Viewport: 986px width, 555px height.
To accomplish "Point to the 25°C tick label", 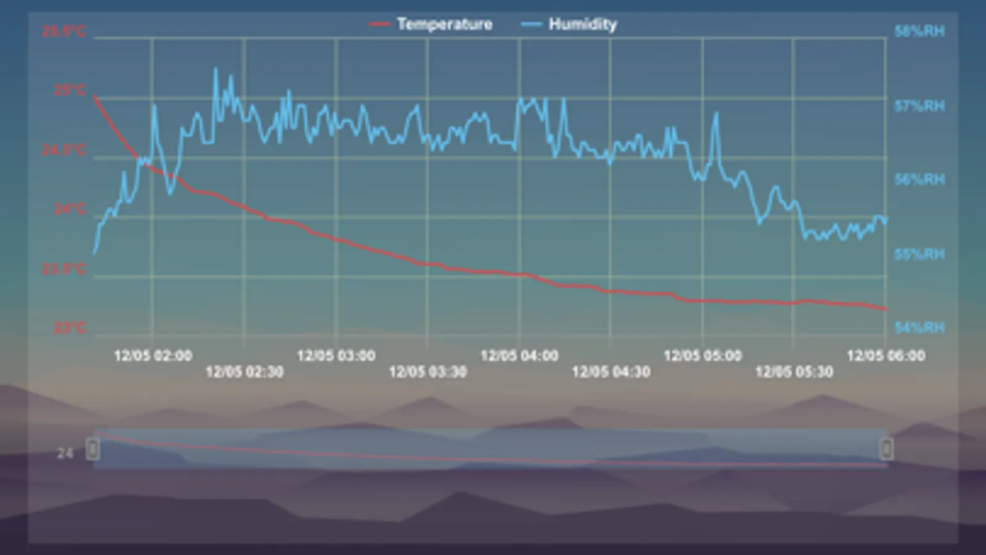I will tap(70, 91).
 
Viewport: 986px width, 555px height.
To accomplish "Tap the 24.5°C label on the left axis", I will tap(64, 150).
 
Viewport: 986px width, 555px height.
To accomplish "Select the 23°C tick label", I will tap(70, 327).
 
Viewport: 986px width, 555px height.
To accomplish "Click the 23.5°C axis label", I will tap(64, 269).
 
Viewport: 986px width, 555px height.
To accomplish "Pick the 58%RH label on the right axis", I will tap(919, 31).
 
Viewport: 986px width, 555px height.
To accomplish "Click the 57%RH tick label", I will tap(919, 106).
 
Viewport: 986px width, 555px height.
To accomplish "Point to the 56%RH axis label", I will tap(919, 179).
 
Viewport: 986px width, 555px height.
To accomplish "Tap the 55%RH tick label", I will tap(919, 254).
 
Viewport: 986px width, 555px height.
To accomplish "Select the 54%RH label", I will tap(919, 327).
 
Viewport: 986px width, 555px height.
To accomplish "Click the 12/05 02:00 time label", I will tap(153, 356).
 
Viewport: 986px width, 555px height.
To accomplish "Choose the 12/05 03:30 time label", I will tap(427, 372).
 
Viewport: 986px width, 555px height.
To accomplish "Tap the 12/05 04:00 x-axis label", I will tap(519, 356).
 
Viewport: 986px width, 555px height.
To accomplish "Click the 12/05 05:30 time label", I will tap(794, 372).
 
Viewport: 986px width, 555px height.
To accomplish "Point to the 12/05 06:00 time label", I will tap(885, 356).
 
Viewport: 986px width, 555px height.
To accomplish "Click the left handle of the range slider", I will tap(93, 448).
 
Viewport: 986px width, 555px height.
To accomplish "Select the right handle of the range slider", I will tap(886, 448).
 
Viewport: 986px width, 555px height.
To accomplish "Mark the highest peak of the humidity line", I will tap(215, 68).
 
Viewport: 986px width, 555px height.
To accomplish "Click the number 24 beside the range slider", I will tap(65, 454).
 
